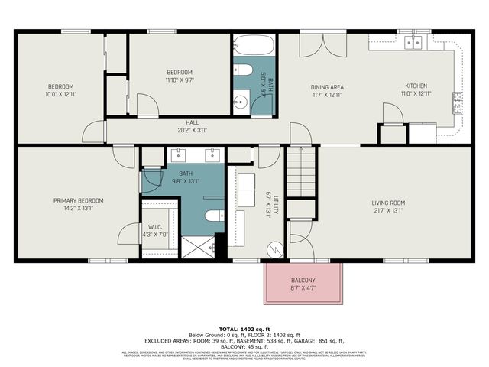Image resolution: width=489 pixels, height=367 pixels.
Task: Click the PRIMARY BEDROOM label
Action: click(78, 200)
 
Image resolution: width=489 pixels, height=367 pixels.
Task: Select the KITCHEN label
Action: click(416, 86)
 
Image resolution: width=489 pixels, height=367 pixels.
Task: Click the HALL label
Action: click(192, 122)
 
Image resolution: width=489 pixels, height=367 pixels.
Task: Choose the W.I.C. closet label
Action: click(154, 226)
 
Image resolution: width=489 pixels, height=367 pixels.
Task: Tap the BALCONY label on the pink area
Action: click(302, 281)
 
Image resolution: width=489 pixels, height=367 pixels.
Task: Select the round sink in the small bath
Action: click(240, 100)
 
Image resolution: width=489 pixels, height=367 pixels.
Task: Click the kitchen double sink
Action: click(414, 42)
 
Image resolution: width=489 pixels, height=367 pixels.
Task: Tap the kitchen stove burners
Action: click(458, 98)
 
